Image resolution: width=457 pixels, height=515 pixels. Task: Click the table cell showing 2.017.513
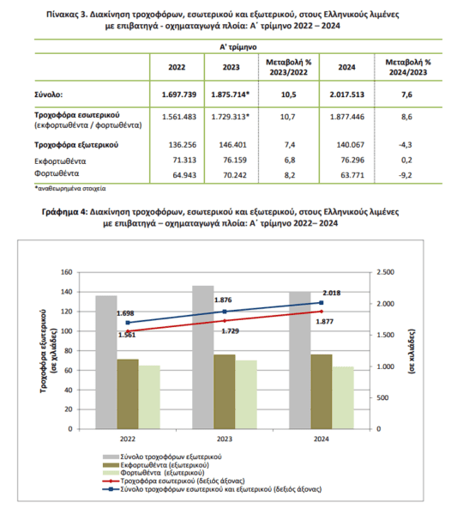[346, 94]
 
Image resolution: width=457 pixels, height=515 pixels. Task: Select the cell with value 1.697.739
[179, 94]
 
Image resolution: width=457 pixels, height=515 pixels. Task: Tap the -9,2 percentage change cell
[406, 175]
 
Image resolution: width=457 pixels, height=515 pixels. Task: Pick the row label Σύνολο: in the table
[49, 94]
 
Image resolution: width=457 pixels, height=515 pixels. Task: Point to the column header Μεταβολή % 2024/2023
[408, 67]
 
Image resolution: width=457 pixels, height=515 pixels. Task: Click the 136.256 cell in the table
[183, 145]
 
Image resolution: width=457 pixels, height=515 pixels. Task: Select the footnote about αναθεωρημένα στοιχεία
[70, 189]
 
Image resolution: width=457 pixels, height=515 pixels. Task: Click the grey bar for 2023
[203, 357]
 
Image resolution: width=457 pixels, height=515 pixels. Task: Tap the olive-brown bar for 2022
[128, 394]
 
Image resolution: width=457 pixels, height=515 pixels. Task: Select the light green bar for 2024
[343, 397]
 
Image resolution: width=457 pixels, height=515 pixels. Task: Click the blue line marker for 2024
[322, 303]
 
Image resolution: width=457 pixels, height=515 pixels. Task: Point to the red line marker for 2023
[225, 321]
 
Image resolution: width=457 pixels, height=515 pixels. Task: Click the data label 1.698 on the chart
[125, 313]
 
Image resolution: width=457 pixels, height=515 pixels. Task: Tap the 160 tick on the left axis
[67, 272]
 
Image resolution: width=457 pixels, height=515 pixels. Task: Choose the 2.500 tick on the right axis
[386, 272]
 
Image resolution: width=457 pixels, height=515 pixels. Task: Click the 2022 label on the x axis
[128, 439]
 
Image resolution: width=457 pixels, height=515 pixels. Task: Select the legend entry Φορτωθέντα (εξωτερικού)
[153, 473]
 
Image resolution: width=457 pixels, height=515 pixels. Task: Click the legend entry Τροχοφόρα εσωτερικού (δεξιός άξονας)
[174, 481]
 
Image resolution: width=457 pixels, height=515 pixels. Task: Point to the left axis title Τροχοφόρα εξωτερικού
[43, 351]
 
